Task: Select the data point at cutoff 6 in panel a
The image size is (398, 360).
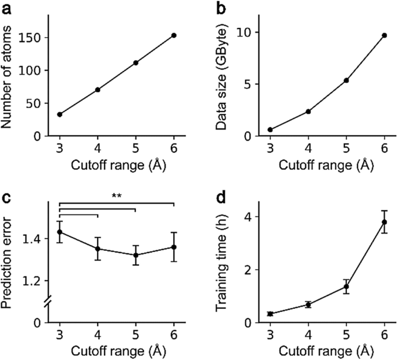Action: [174, 35]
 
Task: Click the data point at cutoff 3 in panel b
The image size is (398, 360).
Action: [270, 129]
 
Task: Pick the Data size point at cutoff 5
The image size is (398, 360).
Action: [346, 80]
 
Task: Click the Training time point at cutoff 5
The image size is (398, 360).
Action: [346, 286]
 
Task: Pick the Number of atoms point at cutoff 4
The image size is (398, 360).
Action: [98, 89]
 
